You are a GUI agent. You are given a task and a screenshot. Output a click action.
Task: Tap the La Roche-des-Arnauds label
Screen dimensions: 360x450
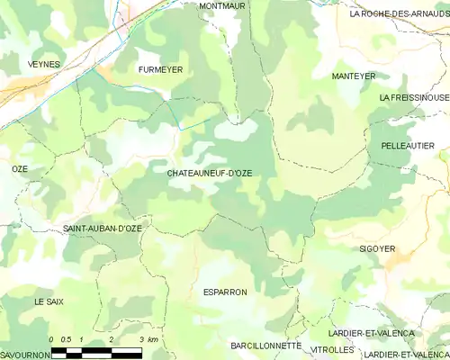click(399, 13)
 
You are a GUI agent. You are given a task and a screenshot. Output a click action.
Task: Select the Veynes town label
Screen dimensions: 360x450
click(43, 65)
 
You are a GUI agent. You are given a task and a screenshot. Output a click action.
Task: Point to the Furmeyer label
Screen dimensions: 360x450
click(160, 68)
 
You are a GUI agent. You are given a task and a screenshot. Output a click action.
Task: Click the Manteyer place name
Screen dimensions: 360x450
click(353, 76)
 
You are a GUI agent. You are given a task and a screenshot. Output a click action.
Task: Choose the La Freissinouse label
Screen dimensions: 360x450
click(413, 97)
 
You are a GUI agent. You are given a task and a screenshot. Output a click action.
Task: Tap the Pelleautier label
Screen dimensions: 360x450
click(408, 145)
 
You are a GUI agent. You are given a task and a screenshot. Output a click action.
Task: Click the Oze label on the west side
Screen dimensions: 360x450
click(20, 169)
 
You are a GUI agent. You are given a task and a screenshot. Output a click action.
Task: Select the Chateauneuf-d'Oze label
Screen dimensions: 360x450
click(210, 171)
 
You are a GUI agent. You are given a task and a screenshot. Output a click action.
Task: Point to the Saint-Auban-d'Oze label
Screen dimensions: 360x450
click(102, 229)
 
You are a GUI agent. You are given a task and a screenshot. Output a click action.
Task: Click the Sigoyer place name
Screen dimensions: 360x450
click(377, 247)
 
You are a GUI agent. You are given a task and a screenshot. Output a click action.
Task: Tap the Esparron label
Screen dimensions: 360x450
click(224, 292)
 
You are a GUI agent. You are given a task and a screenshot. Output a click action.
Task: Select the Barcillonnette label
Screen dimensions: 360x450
click(265, 345)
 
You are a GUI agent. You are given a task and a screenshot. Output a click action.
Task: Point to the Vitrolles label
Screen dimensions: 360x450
click(332, 349)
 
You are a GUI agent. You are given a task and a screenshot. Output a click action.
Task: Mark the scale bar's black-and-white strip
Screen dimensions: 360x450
click(103, 350)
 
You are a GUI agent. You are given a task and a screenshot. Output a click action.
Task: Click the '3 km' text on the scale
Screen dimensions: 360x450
click(149, 338)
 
